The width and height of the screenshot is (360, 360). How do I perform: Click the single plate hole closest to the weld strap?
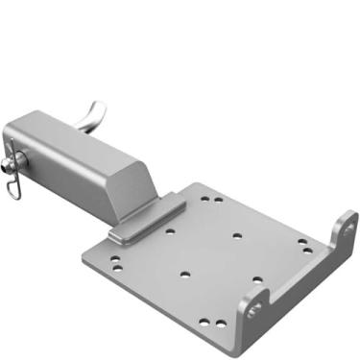(x=170, y=230)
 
